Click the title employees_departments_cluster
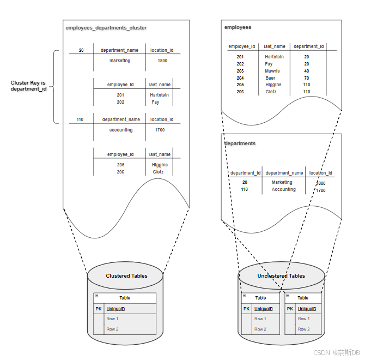pyautogui.click(x=106, y=28)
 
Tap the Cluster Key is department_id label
pyautogui.click(x=28, y=86)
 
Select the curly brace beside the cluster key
pyautogui.click(x=55, y=87)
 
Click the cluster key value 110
pyautogui.click(x=80, y=119)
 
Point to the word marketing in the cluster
pyautogui.click(x=120, y=61)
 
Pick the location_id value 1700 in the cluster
pyautogui.click(x=160, y=130)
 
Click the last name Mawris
pyautogui.click(x=272, y=71)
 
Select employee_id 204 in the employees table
pyautogui.click(x=240, y=78)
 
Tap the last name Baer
pyautogui.click(x=270, y=78)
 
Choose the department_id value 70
pyautogui.click(x=307, y=78)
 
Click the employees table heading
pyautogui.click(x=238, y=27)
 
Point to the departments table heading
pyautogui.click(x=240, y=143)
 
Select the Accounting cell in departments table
pyautogui.click(x=284, y=189)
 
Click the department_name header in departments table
pyautogui.click(x=284, y=173)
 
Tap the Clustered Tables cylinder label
pyautogui.click(x=126, y=276)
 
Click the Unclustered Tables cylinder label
pyautogui.click(x=281, y=276)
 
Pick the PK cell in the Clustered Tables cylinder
pyautogui.click(x=99, y=309)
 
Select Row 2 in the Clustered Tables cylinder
pyautogui.click(x=112, y=329)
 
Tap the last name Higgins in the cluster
pyautogui.click(x=160, y=165)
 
